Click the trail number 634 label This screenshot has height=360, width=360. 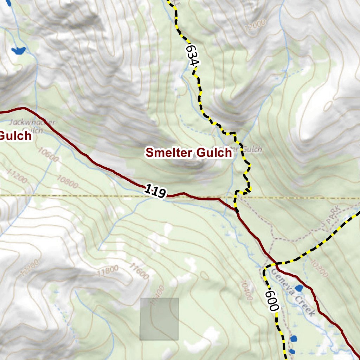tap(193, 55)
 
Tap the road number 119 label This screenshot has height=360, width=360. tap(155, 192)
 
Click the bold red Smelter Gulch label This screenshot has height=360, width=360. tap(189, 153)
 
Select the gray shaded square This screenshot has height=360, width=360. tap(159, 319)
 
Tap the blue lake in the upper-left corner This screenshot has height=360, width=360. tap(18, 50)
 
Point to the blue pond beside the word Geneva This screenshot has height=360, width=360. tap(299, 289)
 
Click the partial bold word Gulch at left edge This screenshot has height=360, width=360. tap(16, 136)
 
